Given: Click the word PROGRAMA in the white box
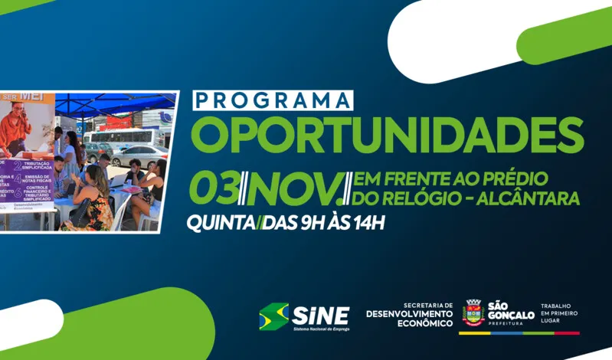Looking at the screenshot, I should click(273, 101).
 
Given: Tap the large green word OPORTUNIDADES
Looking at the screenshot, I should click(387, 133).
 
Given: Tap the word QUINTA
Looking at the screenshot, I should click(221, 224).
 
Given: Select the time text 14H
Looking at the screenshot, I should click(366, 224).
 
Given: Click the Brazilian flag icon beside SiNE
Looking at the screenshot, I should click(273, 316).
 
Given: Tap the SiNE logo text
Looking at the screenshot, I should click(321, 315).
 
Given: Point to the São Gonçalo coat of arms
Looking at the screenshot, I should click(473, 313).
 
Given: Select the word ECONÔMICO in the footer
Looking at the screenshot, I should click(421, 323).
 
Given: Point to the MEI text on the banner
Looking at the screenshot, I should click(32, 97).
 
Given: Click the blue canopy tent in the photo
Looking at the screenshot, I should click(115, 103).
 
